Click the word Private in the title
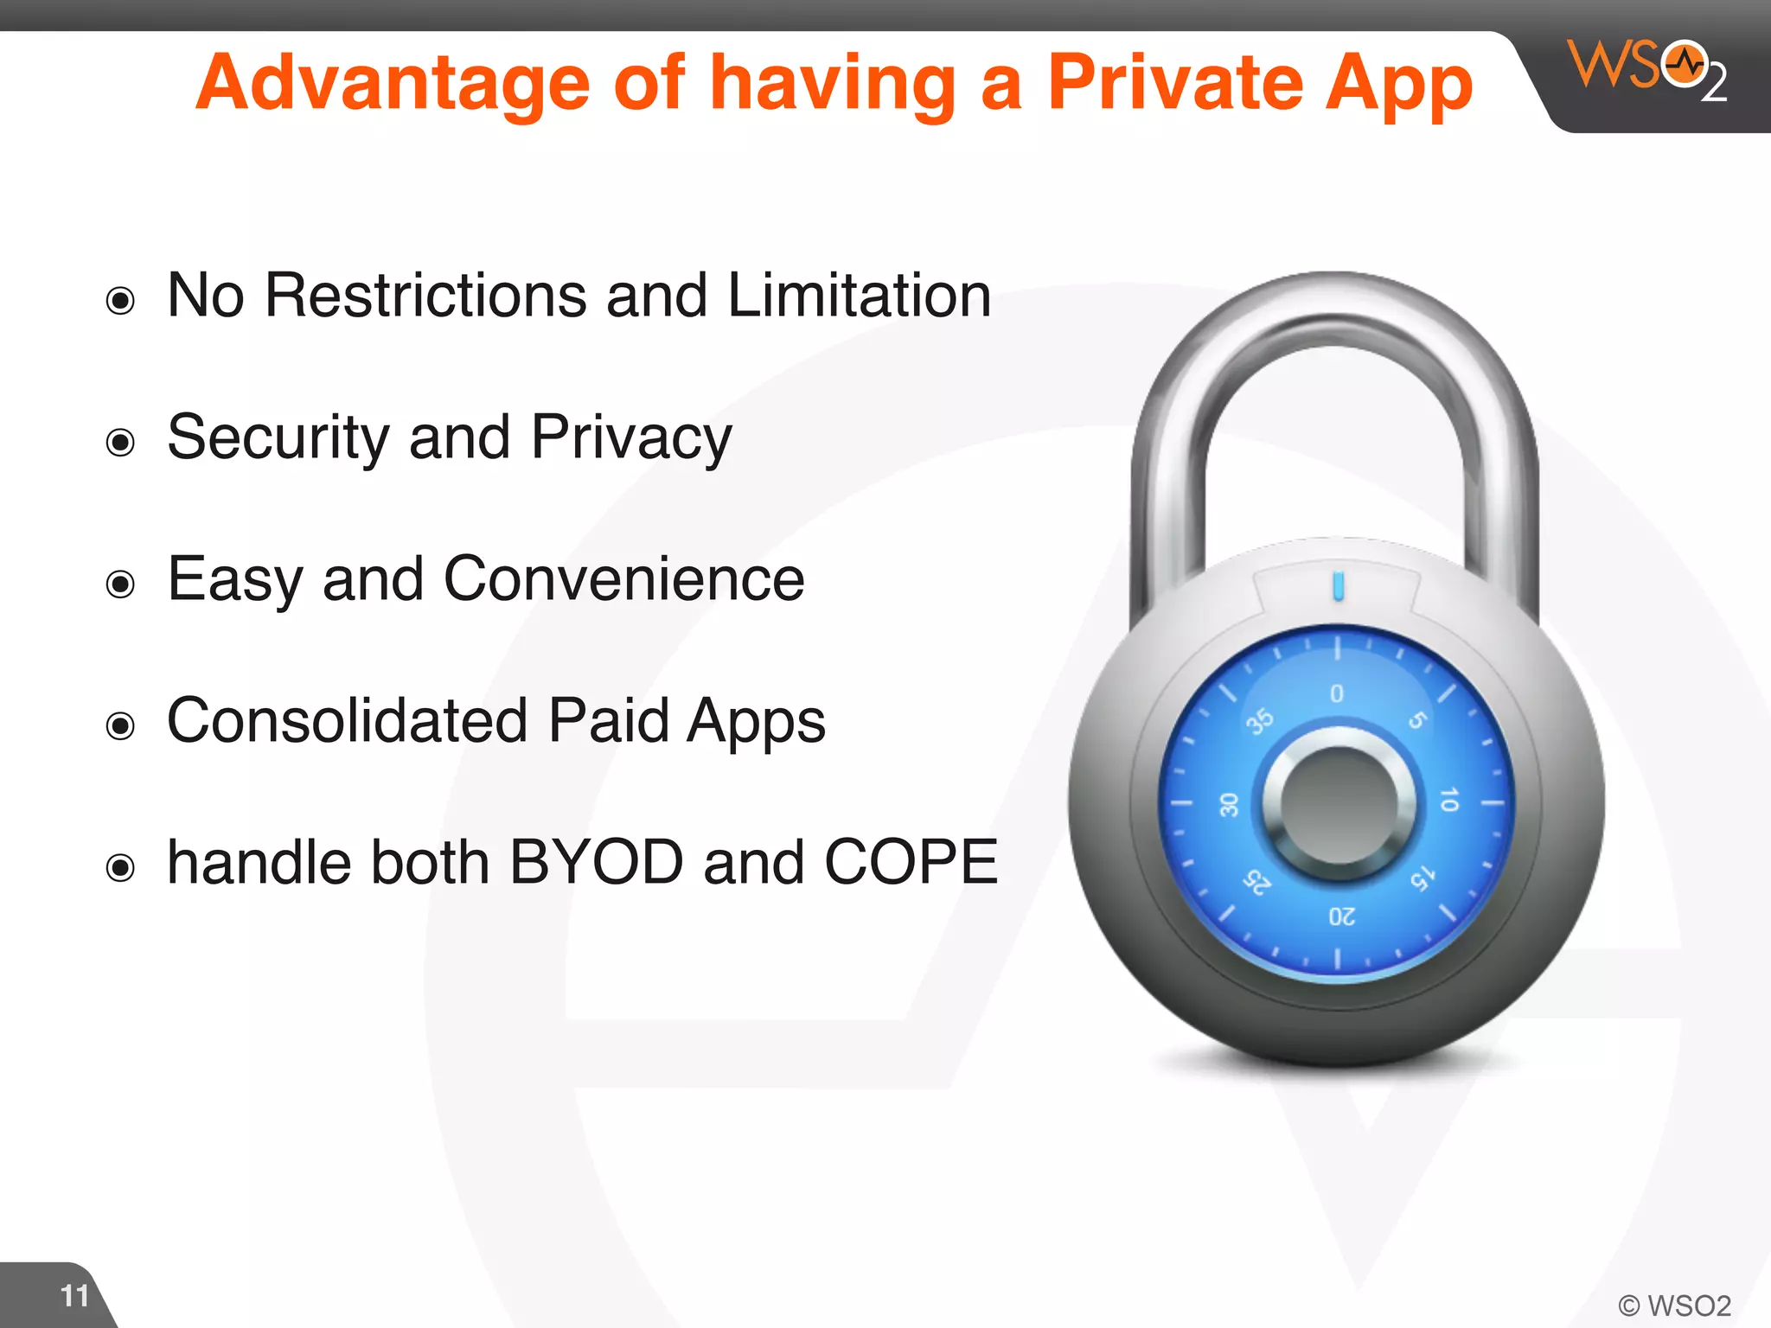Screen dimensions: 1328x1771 (x=1174, y=83)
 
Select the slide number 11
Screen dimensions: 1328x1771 (x=74, y=1296)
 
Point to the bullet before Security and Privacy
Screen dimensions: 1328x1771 (x=120, y=443)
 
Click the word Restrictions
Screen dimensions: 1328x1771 (x=425, y=296)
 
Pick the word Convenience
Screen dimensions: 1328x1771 (x=623, y=579)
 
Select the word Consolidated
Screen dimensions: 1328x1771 (x=347, y=721)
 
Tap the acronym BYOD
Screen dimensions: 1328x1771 (x=597, y=863)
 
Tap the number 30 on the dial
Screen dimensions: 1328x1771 (x=1229, y=805)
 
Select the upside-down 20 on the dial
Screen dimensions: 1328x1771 (x=1341, y=916)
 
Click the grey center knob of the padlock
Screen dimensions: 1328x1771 (x=1338, y=804)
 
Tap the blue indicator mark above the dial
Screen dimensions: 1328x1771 (x=1339, y=585)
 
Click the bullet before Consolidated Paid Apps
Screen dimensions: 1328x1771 (x=120, y=726)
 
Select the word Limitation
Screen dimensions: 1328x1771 (x=859, y=296)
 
